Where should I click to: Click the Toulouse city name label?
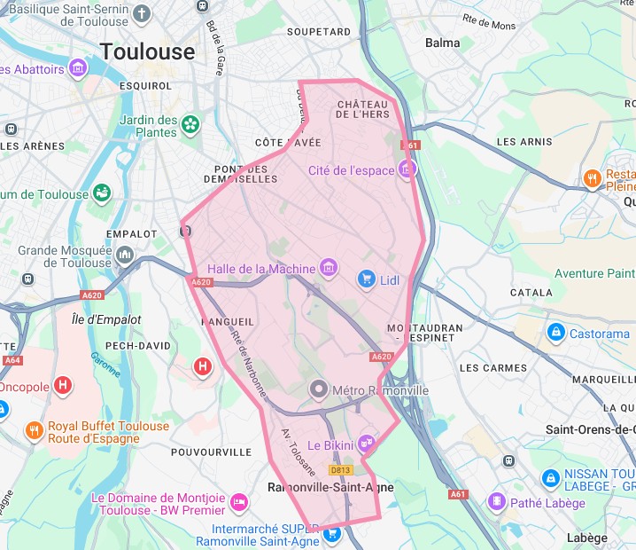pos(147,51)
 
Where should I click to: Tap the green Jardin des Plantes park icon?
pos(190,126)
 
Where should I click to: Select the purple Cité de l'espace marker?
pos(407,169)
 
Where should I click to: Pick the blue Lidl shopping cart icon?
pos(366,280)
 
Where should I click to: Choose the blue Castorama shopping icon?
pos(555,334)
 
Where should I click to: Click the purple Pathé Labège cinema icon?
pos(496,502)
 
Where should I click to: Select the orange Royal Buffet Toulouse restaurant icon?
pos(35,431)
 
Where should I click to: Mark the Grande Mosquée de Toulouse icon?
pos(124,256)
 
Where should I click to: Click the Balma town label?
pos(442,43)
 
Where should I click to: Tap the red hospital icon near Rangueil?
pos(203,365)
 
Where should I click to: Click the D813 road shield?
pos(341,469)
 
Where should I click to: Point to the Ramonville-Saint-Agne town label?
pos(330,487)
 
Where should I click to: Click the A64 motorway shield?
pos(12,360)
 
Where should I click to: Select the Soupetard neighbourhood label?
pos(313,32)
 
